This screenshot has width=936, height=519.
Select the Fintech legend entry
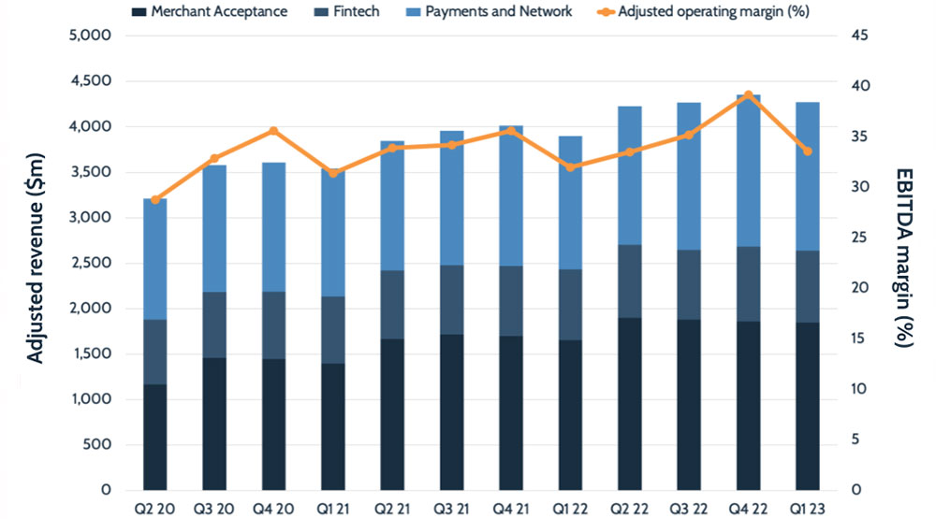pos(356,12)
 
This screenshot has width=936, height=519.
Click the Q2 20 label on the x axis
pos(155,508)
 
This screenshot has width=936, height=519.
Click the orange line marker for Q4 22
pos(748,95)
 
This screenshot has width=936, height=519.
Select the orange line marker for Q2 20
pos(155,199)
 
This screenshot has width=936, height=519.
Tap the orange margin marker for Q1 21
pos(333,172)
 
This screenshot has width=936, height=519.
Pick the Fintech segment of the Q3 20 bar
pos(214,324)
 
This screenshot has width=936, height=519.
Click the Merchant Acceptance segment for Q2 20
pos(155,437)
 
